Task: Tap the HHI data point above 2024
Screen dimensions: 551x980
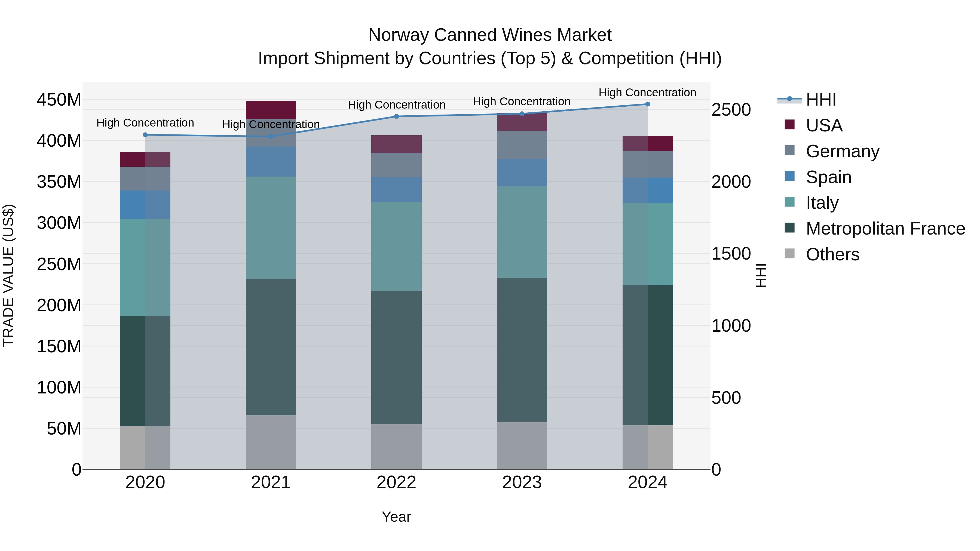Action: (x=648, y=104)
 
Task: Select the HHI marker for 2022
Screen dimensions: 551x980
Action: (x=396, y=116)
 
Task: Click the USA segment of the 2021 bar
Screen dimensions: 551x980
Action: (x=271, y=110)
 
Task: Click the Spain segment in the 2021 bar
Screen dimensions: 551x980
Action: (x=271, y=162)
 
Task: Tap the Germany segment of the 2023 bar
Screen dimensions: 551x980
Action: (x=522, y=145)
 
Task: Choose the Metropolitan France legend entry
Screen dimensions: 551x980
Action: (x=885, y=229)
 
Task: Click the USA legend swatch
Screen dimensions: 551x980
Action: (x=790, y=125)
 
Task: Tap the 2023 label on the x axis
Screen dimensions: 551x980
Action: (x=522, y=482)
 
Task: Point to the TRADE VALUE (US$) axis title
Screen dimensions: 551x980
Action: (x=8, y=275)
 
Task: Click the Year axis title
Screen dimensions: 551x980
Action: (x=396, y=517)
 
